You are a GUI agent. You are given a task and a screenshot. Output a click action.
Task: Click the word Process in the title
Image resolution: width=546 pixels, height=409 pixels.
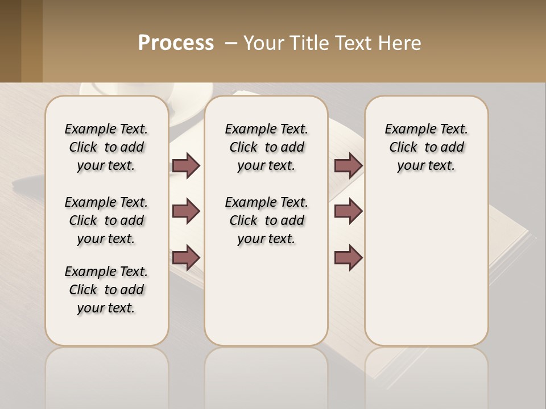pos(176,43)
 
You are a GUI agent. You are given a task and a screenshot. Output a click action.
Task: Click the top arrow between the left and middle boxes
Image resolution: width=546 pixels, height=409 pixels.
pos(186,166)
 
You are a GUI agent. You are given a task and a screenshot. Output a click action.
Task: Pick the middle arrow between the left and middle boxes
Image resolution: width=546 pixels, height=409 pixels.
pos(186,212)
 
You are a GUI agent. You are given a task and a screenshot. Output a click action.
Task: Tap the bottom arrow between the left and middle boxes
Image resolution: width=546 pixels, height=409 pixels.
pos(186,257)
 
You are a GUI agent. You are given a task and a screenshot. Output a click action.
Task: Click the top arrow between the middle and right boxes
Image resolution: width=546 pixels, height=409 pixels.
pos(348,166)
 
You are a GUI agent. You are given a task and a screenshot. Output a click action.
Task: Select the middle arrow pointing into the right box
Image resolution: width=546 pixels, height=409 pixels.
pos(348,212)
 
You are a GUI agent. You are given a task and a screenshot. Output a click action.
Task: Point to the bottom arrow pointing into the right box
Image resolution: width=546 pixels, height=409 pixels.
pos(348,257)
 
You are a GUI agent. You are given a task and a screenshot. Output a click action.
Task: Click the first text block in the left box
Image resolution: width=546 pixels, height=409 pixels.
pos(106,147)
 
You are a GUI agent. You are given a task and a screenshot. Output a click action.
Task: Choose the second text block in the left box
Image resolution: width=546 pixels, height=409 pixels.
pos(106,220)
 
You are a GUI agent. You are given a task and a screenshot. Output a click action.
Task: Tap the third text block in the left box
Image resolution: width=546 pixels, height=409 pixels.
pos(106,290)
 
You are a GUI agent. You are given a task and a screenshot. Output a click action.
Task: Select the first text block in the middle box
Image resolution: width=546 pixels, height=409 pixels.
pos(266,147)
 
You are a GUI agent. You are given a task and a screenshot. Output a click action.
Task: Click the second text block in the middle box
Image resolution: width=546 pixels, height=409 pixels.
pos(266,220)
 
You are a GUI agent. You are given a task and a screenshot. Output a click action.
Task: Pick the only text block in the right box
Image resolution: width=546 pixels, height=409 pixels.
pos(426,147)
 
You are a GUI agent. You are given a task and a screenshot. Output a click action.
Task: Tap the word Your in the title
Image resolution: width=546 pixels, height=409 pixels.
pos(262,43)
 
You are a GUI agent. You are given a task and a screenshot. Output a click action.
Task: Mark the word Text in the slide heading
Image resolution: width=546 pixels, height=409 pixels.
pos(354,43)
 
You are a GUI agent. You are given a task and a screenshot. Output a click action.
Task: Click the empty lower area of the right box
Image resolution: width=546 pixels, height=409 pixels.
pos(426,273)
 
